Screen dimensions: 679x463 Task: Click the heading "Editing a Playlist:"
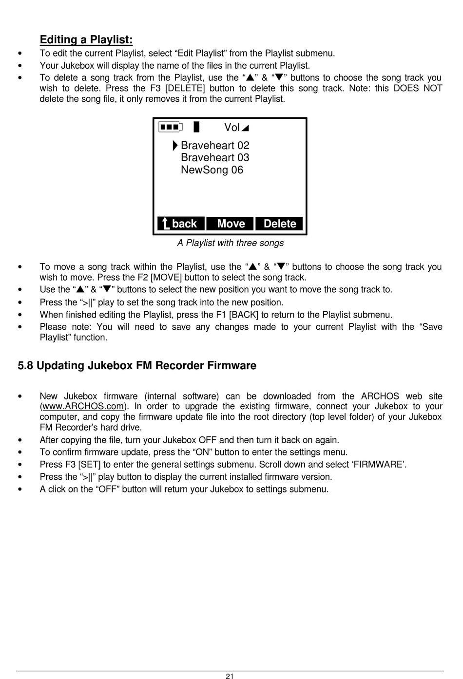86,39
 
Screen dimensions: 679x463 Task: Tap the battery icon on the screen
171,127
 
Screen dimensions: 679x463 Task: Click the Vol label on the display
232,127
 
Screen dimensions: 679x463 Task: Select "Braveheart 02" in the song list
215,145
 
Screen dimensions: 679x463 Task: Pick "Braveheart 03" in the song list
215,157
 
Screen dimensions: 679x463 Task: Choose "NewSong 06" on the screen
212,170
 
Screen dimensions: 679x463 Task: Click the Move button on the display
231,224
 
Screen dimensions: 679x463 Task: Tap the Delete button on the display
279,224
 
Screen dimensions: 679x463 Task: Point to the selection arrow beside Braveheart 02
175,145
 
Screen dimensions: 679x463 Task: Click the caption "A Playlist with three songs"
230,243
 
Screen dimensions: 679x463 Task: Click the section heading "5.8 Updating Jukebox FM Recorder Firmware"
137,365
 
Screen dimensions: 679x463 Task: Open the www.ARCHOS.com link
82,406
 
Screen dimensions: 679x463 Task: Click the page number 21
230,676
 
